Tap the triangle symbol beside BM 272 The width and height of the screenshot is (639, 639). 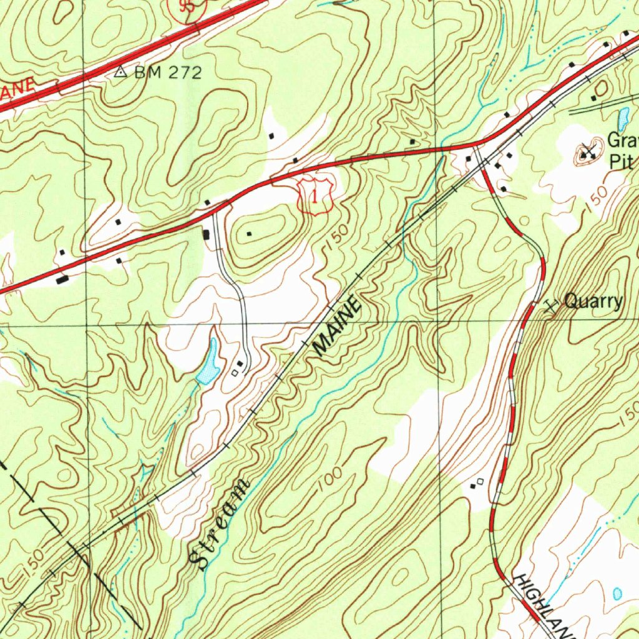[121, 72]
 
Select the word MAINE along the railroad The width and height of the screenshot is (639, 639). [338, 328]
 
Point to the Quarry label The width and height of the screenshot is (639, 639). [593, 302]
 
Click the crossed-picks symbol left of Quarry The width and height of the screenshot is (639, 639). [550, 305]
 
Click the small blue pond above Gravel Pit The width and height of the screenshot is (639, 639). [622, 117]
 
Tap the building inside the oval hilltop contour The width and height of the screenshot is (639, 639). [249, 234]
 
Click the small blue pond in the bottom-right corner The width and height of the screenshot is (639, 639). [617, 593]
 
